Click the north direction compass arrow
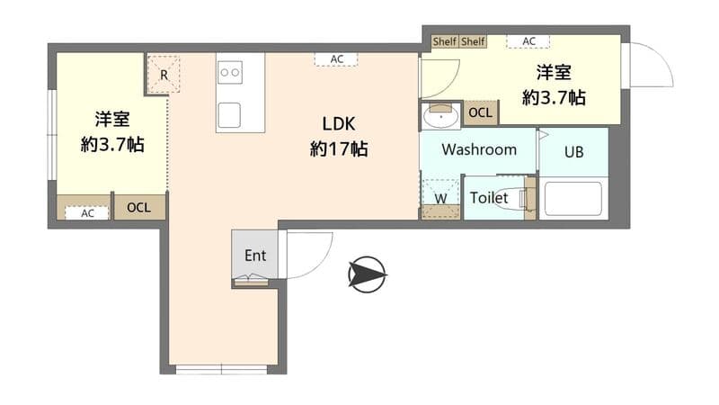(x=368, y=274)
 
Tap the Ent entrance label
(x=255, y=256)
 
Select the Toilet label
(x=489, y=198)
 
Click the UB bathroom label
(x=573, y=152)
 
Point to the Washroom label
(x=479, y=149)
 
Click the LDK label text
(x=339, y=123)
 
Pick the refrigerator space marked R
(x=164, y=75)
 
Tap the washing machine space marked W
(x=440, y=198)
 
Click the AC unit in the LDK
(x=336, y=59)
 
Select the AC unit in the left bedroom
(x=87, y=213)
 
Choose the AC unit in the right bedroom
(x=528, y=41)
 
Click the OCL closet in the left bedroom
(x=139, y=208)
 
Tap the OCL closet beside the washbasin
(x=481, y=112)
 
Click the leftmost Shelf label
(x=444, y=41)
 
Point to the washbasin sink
(x=440, y=116)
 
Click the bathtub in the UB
(x=573, y=198)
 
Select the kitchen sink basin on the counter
(x=229, y=115)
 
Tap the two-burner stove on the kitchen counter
(x=230, y=73)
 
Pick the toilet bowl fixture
(x=510, y=198)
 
